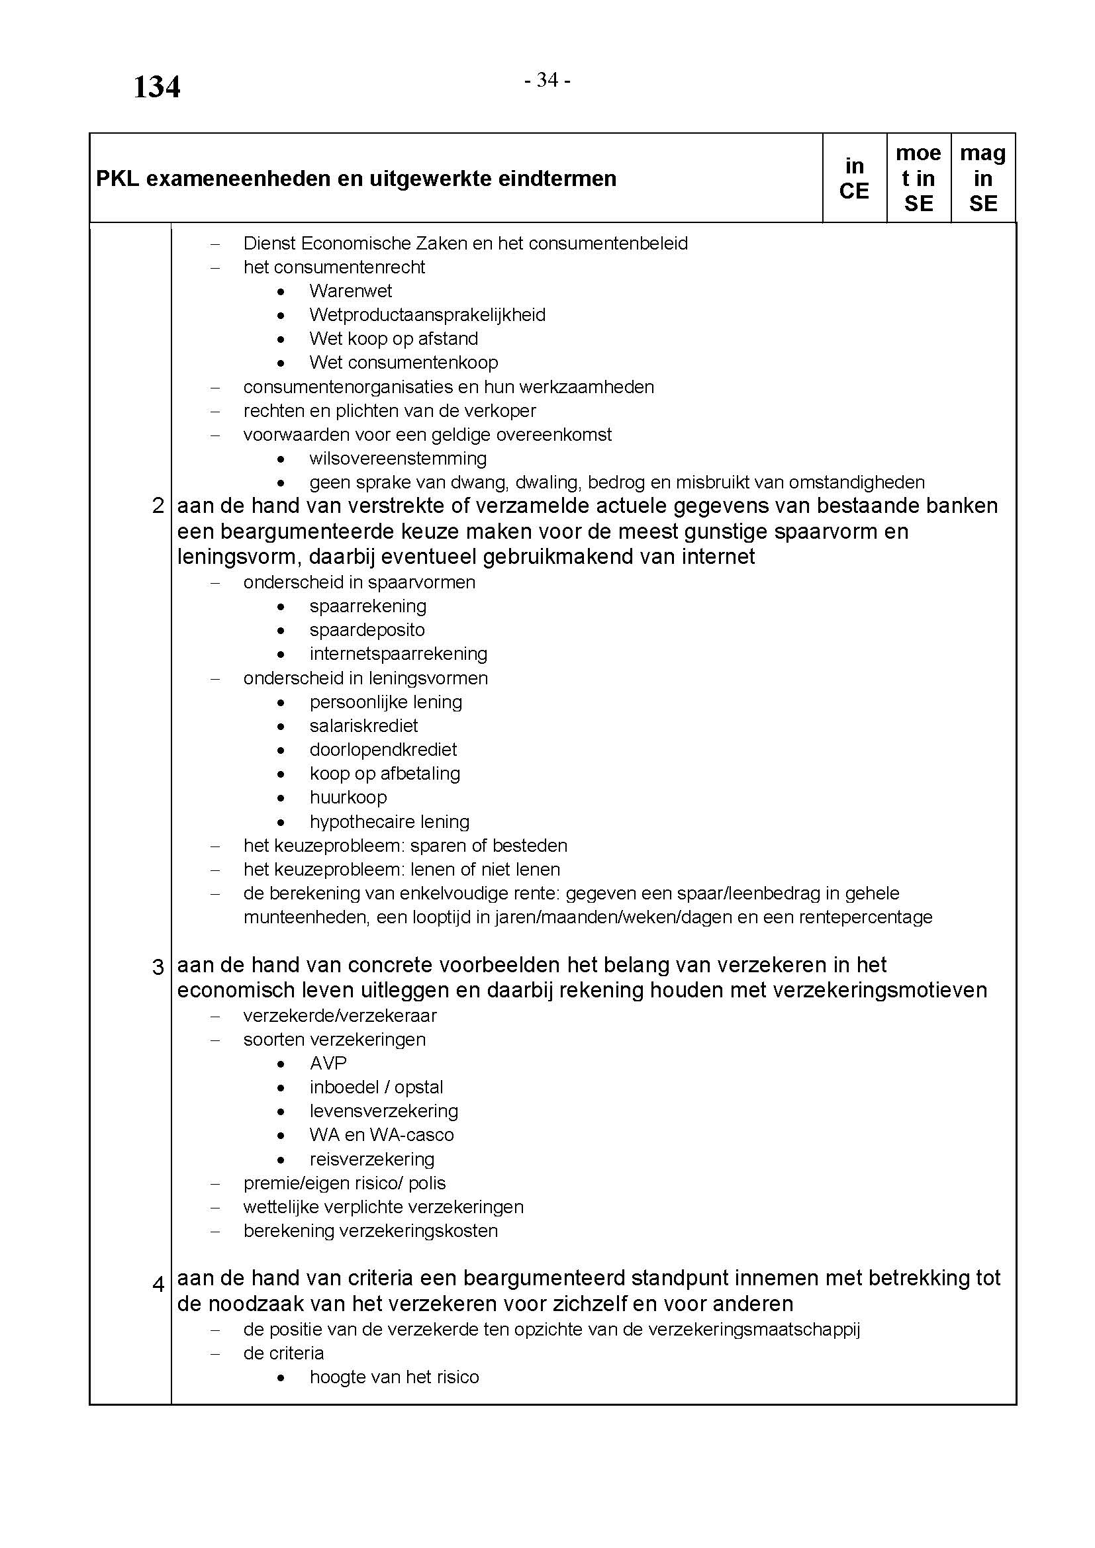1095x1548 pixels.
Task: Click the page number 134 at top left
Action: click(x=156, y=87)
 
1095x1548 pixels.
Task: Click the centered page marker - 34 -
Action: click(x=547, y=81)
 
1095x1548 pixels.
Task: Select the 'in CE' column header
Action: click(x=853, y=178)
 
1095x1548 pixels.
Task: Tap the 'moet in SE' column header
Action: click(x=918, y=178)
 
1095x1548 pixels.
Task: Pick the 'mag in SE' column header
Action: click(x=982, y=178)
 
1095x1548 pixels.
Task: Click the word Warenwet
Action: click(x=351, y=291)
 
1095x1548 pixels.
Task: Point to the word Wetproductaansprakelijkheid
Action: click(x=428, y=315)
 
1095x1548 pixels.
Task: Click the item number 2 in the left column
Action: click(x=158, y=506)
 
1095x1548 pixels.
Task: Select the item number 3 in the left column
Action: click(x=158, y=968)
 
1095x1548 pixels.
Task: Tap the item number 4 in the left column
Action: click(x=158, y=1285)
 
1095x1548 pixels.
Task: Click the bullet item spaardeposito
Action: click(x=367, y=631)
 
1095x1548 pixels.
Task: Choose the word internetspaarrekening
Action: click(x=399, y=654)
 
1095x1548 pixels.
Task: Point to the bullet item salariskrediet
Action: click(x=364, y=726)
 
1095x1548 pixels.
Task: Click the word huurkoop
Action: click(x=348, y=797)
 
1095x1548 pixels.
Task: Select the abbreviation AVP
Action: click(x=328, y=1064)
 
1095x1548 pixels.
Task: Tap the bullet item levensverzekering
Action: click(x=384, y=1111)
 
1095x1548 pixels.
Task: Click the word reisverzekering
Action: click(x=372, y=1160)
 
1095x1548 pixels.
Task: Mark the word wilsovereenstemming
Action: click(x=398, y=459)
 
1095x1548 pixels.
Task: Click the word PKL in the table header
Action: click(x=117, y=179)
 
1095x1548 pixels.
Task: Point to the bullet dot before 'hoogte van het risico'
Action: click(x=281, y=1377)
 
